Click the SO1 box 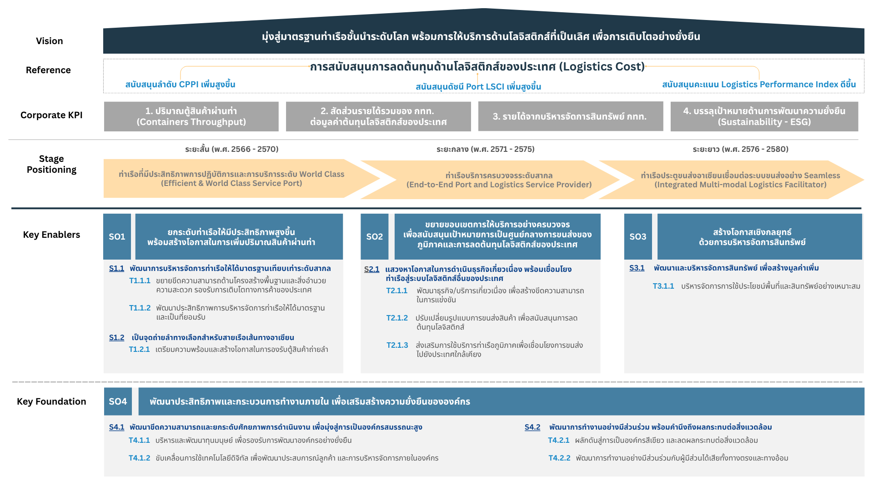tap(117, 236)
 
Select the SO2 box tap(374, 236)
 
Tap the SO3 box tap(637, 236)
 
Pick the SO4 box tap(118, 401)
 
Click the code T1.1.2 tap(140, 308)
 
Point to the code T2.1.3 tap(397, 346)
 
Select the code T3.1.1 tap(663, 286)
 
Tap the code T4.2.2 tap(559, 458)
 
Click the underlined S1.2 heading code tap(116, 338)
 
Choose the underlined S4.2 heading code tap(532, 427)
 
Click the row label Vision tap(50, 41)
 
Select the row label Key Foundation tap(51, 401)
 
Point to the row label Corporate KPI tap(51, 115)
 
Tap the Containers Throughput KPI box tap(191, 116)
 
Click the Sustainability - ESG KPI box tap(764, 116)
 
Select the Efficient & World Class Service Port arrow tap(231, 179)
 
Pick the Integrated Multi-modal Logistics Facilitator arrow tap(740, 180)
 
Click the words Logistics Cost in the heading tap(602, 67)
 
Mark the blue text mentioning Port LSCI tap(478, 87)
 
